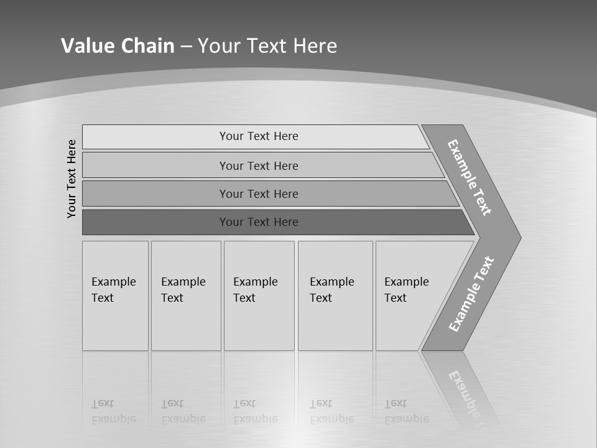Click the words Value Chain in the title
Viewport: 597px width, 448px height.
(118, 45)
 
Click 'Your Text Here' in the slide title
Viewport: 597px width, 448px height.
(267, 45)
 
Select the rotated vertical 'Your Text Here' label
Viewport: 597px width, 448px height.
(72, 179)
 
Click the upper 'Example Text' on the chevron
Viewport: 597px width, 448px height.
(470, 177)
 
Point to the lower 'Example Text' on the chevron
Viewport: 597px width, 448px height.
(471, 294)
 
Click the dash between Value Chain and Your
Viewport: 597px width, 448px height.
(186, 46)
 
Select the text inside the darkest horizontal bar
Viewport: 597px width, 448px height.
(259, 222)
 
